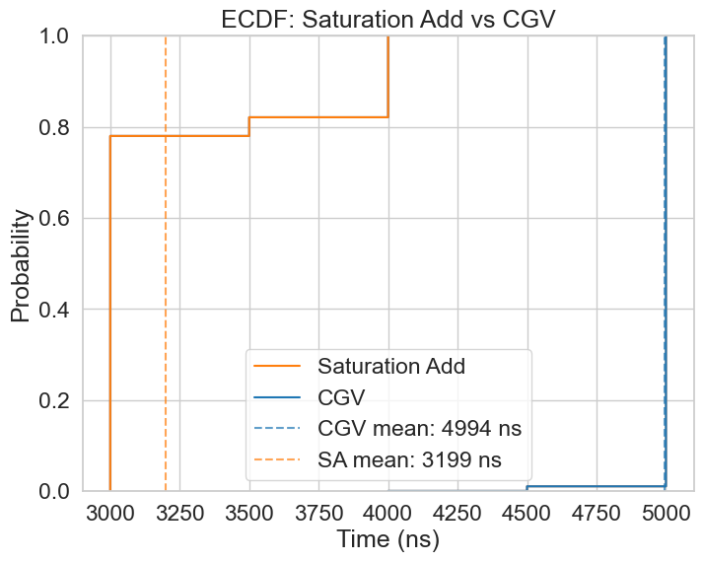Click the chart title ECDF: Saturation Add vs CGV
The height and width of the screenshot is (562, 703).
[388, 17]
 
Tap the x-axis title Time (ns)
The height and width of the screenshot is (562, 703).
[387, 539]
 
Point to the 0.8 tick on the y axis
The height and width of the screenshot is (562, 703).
[58, 128]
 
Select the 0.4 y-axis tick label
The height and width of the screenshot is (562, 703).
[58, 310]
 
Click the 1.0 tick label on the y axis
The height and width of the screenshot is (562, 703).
[58, 36]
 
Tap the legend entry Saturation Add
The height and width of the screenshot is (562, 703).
[390, 366]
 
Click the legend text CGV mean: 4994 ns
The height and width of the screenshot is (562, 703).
[419, 429]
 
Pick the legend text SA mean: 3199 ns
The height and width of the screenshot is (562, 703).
[409, 460]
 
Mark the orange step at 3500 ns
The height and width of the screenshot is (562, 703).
[249, 126]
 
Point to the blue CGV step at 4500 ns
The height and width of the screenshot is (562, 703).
[527, 488]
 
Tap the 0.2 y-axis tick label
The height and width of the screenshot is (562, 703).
[58, 401]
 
